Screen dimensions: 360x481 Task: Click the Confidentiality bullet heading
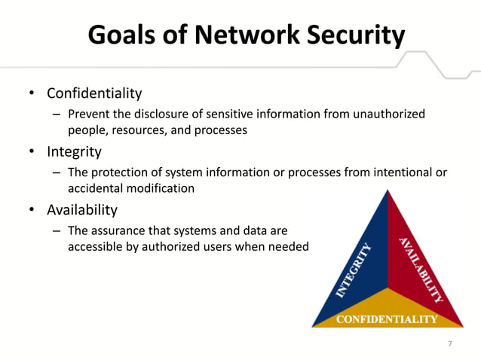[94, 93]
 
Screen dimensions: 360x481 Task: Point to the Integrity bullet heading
[74, 151]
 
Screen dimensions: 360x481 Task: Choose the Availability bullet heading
[82, 209]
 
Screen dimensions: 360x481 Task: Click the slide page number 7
[450, 343]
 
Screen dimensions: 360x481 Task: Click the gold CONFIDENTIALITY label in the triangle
[387, 319]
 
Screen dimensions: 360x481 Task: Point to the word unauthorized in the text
[390, 114]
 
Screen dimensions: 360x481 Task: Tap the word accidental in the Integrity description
[94, 188]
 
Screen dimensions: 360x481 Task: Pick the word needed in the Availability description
[289, 246]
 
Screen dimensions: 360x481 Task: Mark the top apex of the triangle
[387, 192]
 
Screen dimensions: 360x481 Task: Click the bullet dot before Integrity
[32, 152]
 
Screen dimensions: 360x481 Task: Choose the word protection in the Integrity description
[121, 172]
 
